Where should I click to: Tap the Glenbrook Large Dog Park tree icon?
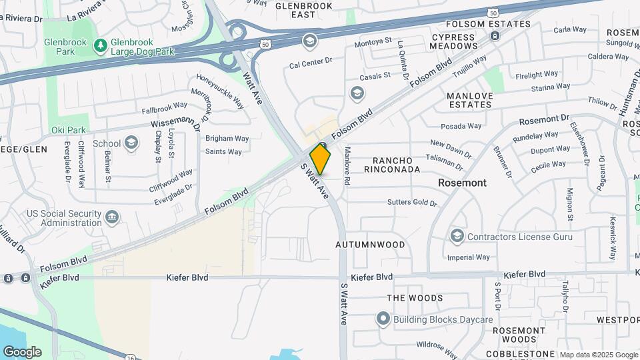pos(100,45)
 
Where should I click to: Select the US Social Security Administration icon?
pos(112,217)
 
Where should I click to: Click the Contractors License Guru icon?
pos(457,236)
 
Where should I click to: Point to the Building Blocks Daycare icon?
pos(383,319)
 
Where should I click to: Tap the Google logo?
pos(22,352)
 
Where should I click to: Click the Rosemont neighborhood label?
pos(462,183)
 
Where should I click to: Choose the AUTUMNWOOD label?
pos(370,245)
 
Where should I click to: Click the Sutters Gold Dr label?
pos(412,203)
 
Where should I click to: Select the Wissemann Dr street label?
pos(175,125)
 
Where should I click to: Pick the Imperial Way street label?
pos(469,257)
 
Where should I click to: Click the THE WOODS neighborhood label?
pos(415,298)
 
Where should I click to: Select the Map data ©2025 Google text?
pos(599,355)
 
